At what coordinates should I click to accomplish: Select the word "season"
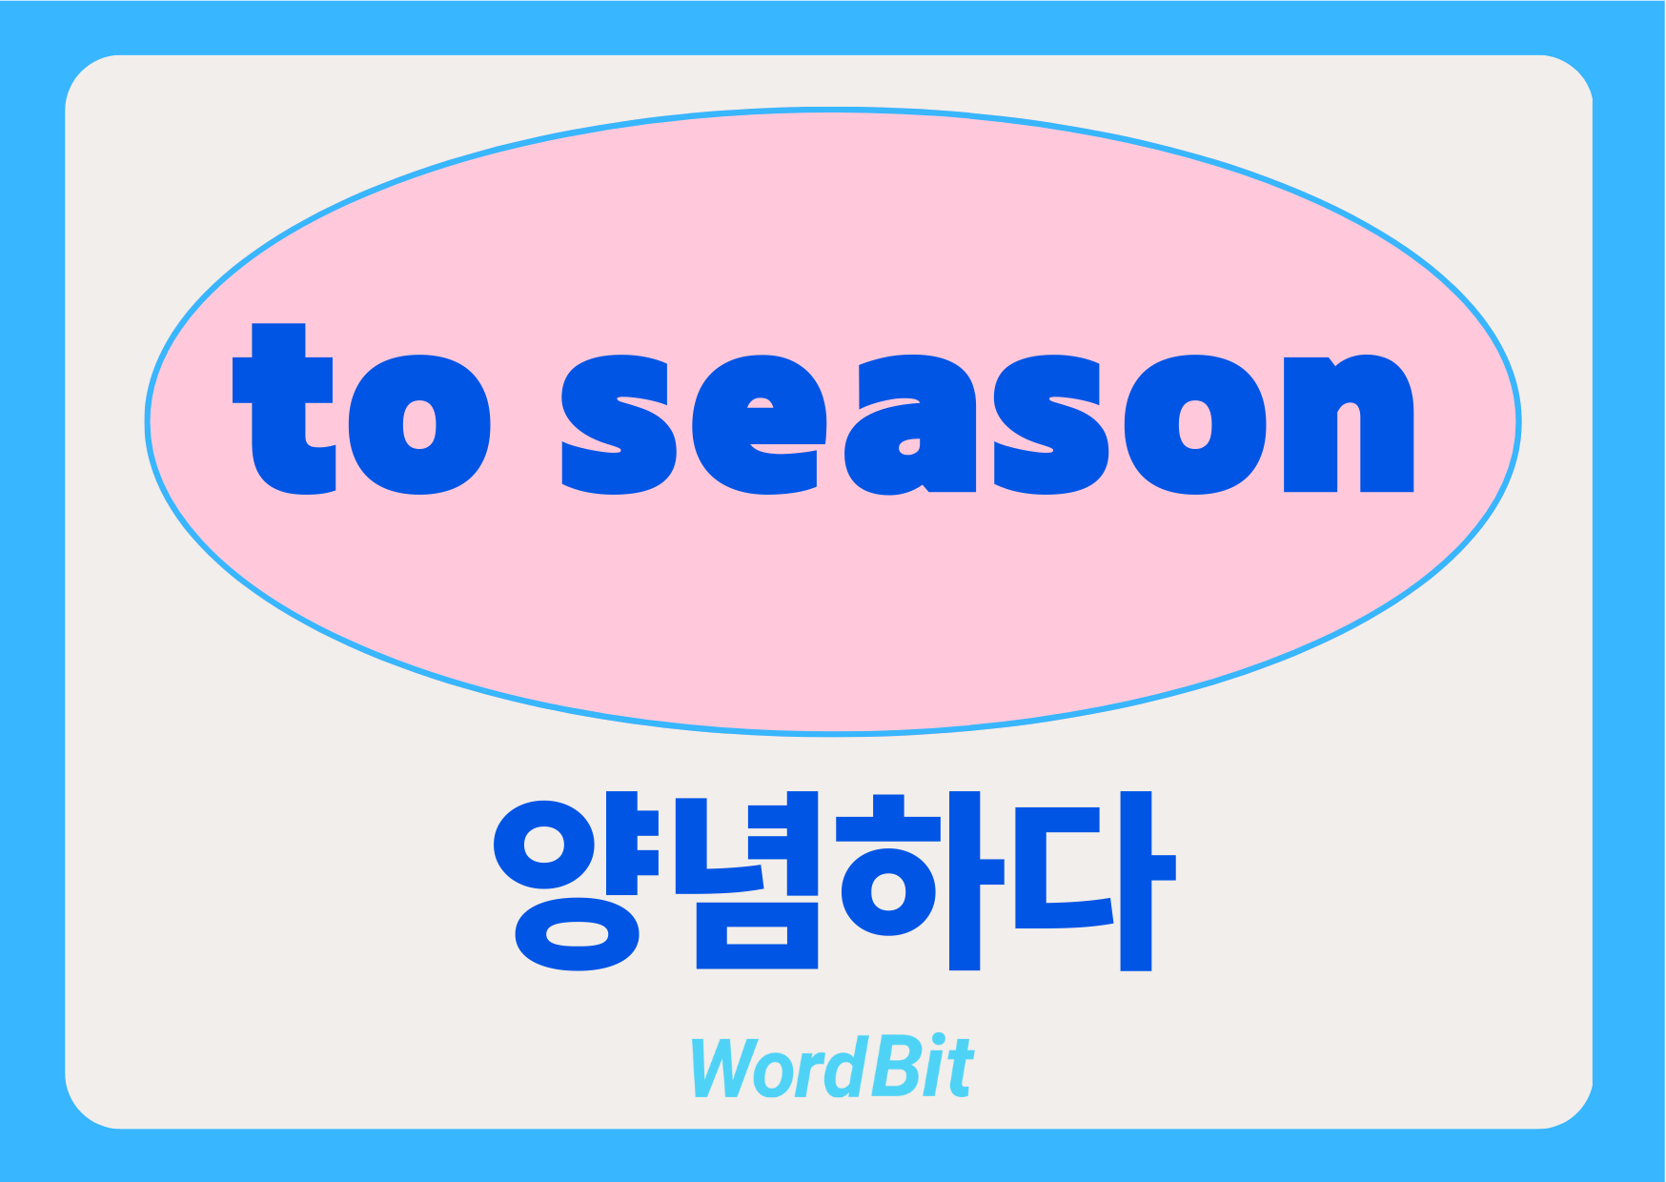[x=987, y=425]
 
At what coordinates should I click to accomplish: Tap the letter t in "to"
[x=283, y=409]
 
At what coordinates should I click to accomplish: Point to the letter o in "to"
[x=419, y=425]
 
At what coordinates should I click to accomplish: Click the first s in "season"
[x=619, y=425]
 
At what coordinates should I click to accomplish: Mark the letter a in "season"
[x=910, y=425]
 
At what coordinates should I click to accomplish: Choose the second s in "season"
[x=1051, y=425]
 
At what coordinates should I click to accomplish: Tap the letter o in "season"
[x=1195, y=425]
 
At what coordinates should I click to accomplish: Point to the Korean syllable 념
[x=747, y=881]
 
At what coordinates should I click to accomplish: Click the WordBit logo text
[x=832, y=1067]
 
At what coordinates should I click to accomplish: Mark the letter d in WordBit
[x=842, y=1067]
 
